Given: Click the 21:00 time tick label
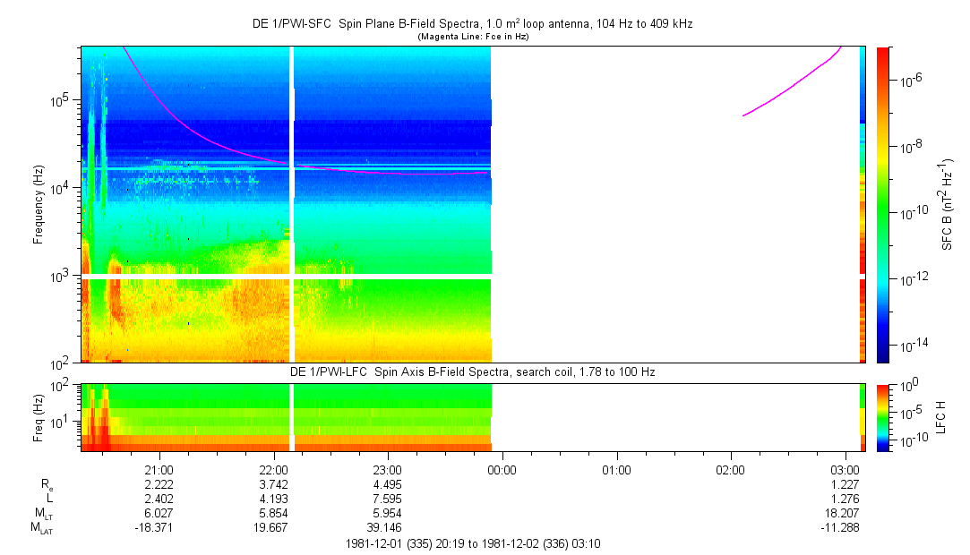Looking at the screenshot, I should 159,469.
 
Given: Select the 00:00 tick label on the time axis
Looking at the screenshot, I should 502,469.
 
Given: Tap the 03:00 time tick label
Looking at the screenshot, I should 846,469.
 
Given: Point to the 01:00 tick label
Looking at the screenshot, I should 617,469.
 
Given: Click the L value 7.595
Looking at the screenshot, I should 388,499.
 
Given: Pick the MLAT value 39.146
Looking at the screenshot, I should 388,528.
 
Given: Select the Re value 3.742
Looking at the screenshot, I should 273,484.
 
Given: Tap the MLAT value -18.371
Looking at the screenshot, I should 159,528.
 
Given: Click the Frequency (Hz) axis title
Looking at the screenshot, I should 39,205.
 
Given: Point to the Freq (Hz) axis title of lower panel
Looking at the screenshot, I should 39,416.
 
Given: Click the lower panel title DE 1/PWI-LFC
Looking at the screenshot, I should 471,371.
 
